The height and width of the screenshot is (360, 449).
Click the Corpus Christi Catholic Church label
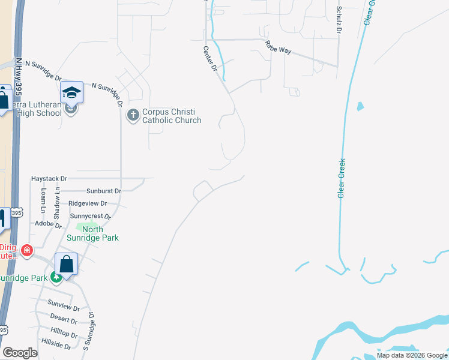coord(171,116)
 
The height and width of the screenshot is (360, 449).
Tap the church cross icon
coord(133,114)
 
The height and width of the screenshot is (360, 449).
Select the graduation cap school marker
coord(71,92)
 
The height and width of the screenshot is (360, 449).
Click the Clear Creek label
coord(342,178)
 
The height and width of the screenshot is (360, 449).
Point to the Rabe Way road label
coord(279,47)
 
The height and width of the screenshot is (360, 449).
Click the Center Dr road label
coord(209,59)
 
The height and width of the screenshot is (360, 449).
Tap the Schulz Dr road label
coord(339,19)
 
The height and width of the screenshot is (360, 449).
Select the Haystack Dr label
coord(49,179)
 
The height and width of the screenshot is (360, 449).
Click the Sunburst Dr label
coord(103,191)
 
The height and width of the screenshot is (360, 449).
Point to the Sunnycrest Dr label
coord(91,216)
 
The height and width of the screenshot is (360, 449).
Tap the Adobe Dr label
coord(49,224)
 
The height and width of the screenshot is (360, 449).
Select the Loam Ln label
coord(43,201)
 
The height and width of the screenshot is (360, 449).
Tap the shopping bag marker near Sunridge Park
coord(67,264)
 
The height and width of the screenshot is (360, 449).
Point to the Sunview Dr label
coord(64,307)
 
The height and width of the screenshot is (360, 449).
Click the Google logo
coord(20,353)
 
